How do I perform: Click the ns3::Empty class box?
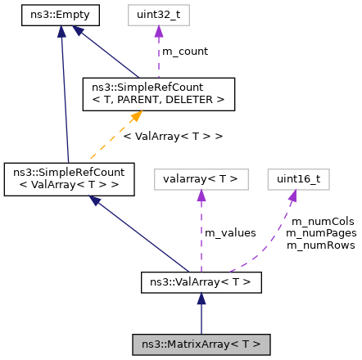coord(60,14)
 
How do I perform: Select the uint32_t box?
coord(158,14)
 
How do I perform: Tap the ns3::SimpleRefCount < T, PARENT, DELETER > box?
coord(158,94)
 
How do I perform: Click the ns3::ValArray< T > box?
coord(201,282)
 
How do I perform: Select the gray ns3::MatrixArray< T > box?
coord(201,344)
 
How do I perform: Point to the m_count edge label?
coord(184,51)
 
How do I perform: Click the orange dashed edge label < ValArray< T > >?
coord(173,135)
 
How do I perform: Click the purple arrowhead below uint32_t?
coord(158,31)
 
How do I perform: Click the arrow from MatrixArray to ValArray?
coord(201,313)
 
